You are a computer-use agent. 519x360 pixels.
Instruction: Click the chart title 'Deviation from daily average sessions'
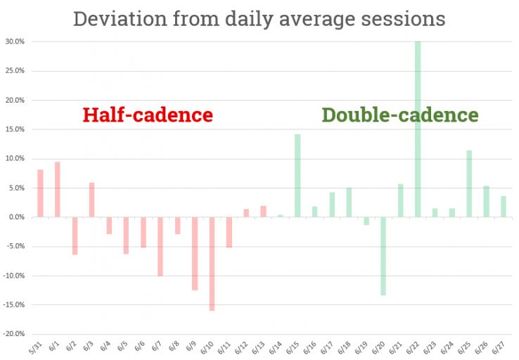[x=259, y=18]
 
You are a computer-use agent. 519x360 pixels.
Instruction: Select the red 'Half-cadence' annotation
[x=148, y=115]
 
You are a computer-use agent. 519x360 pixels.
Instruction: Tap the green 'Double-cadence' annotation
[x=400, y=115]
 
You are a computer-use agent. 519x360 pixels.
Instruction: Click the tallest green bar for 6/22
[x=418, y=129]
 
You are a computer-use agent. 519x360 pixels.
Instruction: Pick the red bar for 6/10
[x=212, y=264]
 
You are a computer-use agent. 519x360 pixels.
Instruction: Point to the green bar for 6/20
[x=383, y=256]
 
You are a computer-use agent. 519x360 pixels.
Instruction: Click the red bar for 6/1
[x=58, y=190]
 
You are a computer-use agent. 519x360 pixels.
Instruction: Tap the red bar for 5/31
[x=41, y=193]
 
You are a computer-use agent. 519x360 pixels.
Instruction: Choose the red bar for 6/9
[x=195, y=253]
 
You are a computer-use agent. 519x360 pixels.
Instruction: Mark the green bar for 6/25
[x=469, y=184]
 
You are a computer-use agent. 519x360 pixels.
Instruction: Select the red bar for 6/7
[x=160, y=246]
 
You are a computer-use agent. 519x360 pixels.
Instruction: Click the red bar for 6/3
[x=92, y=200]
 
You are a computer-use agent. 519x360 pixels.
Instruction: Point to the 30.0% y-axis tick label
[x=15, y=41]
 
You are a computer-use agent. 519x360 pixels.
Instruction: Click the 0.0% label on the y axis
[x=16, y=217]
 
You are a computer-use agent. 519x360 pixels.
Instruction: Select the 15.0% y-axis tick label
[x=15, y=129]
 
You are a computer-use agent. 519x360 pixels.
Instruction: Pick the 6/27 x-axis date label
[x=500, y=347]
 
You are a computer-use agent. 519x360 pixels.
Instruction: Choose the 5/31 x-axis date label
[x=38, y=347]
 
